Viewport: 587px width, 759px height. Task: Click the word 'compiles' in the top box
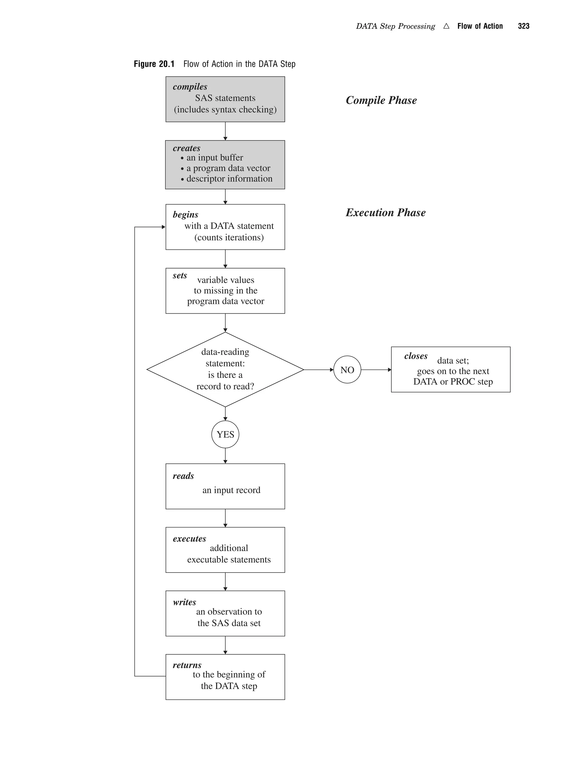pos(190,86)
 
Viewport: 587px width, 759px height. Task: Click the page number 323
pos(523,26)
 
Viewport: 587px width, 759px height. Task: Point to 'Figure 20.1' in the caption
pos(154,64)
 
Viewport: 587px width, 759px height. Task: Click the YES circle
pos(225,434)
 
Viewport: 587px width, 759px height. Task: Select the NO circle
pos(347,370)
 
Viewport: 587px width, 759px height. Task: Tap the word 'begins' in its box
pos(185,215)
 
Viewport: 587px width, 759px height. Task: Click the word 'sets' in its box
pos(180,275)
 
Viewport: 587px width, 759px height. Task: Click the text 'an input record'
pos(231,490)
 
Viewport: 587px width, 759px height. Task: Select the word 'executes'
pos(189,539)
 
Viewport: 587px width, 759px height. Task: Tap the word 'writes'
pos(184,602)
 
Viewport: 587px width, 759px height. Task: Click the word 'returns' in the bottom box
pos(187,665)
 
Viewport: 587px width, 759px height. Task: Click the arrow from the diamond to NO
pos(318,370)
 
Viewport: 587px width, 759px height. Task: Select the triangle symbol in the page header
pos(446,26)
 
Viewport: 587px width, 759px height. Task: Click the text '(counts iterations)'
pos(229,237)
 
